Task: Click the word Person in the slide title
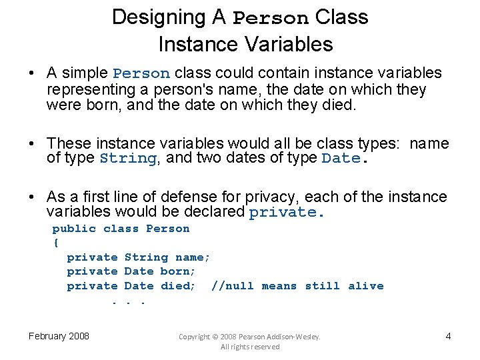pos(271,18)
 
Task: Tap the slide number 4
pos(448,336)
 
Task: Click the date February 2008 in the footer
pos(59,336)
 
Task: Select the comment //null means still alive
pos(297,286)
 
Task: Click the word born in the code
pos(177,271)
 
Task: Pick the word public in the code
pos(74,229)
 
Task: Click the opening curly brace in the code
pos(55,243)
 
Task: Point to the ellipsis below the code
pos(127,301)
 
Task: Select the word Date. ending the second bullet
pos(343,159)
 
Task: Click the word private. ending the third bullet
pos(286,213)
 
